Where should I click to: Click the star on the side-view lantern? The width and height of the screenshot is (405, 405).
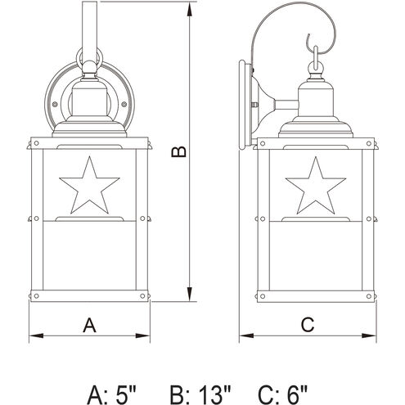tap(316, 187)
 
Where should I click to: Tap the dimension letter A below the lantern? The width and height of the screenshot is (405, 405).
tap(89, 325)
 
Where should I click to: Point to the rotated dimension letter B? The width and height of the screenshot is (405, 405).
tap(179, 151)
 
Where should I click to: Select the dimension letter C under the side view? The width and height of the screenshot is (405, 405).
tap(308, 325)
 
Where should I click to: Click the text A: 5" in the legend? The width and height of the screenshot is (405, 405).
tap(111, 394)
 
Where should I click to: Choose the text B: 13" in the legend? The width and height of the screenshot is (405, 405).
tap(200, 394)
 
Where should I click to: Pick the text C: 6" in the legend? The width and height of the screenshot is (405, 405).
tap(283, 394)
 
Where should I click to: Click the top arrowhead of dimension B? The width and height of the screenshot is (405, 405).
tap(190, 10)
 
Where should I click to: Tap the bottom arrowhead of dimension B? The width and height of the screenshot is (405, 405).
tap(190, 294)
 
